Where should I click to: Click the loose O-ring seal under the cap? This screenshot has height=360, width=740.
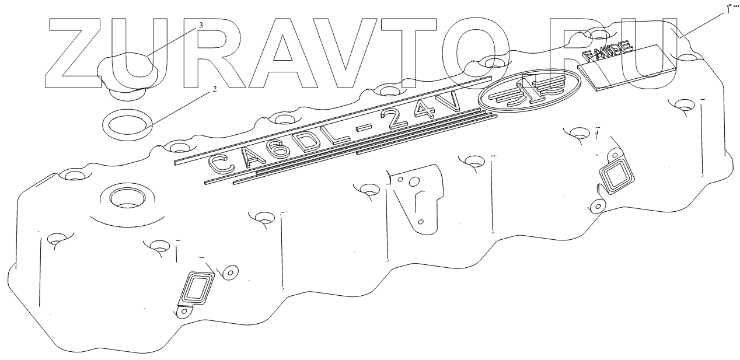(128, 124)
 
